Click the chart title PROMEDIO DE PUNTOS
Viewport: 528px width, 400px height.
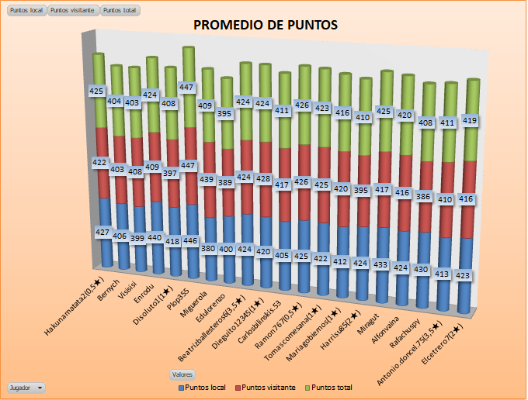coord(265,26)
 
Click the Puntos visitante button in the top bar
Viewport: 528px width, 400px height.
coord(72,11)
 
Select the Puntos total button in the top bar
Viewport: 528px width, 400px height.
coord(120,11)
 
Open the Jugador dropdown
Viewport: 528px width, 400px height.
coord(26,387)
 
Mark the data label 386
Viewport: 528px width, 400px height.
coord(422,197)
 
